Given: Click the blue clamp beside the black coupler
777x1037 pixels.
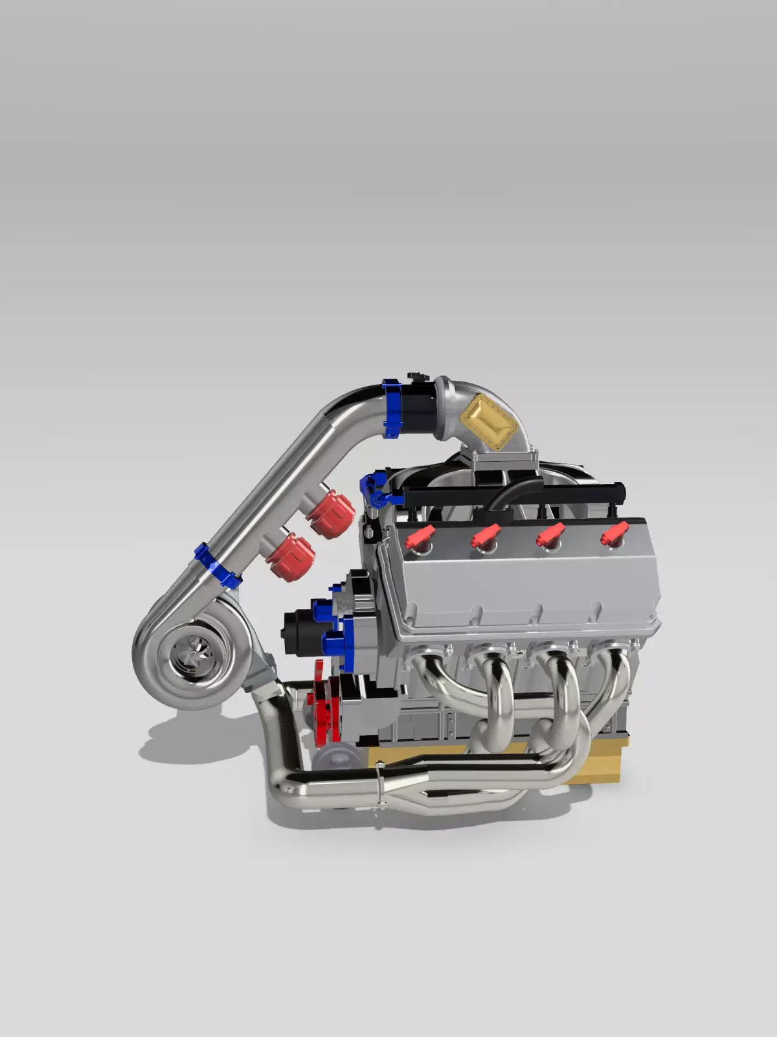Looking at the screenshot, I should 392,408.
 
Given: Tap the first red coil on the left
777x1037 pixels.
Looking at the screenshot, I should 420,538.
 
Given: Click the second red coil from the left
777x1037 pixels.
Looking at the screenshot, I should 485,536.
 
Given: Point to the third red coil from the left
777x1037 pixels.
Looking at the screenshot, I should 550,536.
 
